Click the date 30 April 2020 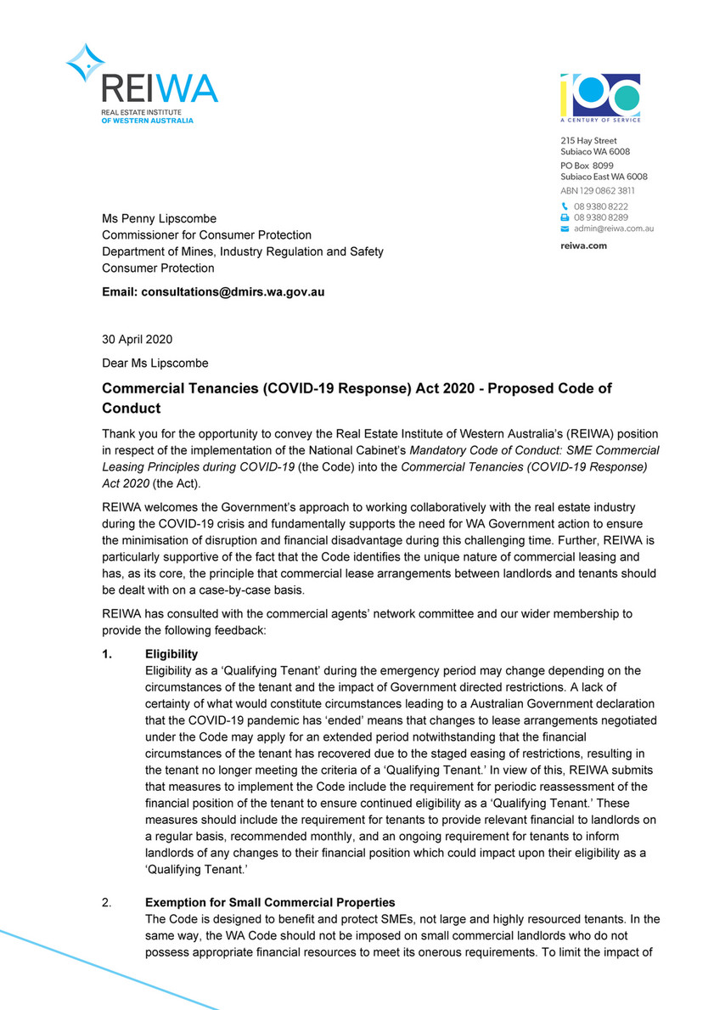[x=138, y=339]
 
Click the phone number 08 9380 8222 [x=601, y=206]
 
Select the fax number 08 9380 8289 [x=601, y=217]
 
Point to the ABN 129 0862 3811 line [x=598, y=191]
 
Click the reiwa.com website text [x=583, y=245]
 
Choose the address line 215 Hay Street [x=588, y=140]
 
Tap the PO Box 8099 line [x=587, y=165]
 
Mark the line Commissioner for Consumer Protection [x=207, y=235]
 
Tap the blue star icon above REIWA [x=85, y=62]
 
